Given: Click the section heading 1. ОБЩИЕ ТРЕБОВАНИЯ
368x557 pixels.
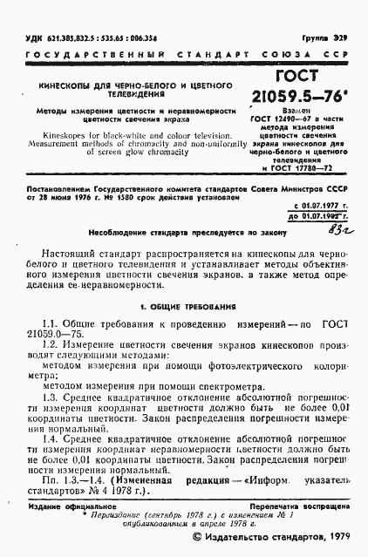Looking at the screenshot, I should point(182,308).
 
